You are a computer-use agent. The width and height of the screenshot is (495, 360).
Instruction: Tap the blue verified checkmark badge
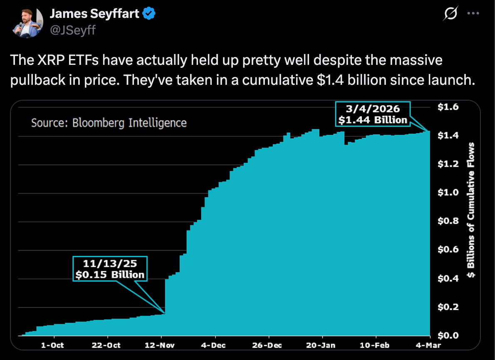pyautogui.click(x=149, y=14)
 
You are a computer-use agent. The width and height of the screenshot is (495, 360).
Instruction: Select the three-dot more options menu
pyautogui.click(x=473, y=13)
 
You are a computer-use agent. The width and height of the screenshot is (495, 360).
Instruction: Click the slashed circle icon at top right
pyautogui.click(x=450, y=14)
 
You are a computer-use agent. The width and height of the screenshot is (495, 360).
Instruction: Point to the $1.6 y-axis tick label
pyautogui.click(x=448, y=107)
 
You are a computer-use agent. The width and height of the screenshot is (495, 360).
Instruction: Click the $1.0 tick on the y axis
pyautogui.click(x=448, y=192)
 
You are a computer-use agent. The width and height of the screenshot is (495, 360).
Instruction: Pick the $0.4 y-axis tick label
pyautogui.click(x=448, y=278)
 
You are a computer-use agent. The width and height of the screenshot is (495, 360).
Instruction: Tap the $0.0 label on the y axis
pyautogui.click(x=448, y=335)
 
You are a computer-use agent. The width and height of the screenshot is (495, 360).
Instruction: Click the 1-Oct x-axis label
pyautogui.click(x=52, y=345)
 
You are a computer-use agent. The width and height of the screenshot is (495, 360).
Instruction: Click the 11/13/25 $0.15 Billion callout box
pyautogui.click(x=110, y=269)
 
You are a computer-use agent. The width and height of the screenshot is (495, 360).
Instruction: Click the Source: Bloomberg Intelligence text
pyautogui.click(x=109, y=123)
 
